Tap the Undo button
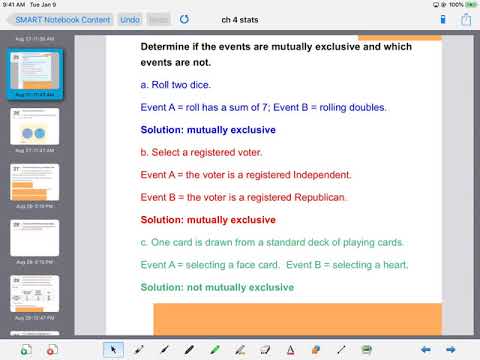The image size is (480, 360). tap(130, 19)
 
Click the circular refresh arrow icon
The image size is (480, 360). tap(184, 19)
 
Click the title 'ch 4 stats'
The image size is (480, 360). tap(240, 19)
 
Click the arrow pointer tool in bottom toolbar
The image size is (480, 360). tap(112, 349)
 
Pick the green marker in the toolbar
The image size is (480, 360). tap(215, 349)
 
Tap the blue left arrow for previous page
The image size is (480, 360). tap(425, 349)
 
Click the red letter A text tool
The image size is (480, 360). tap(291, 349)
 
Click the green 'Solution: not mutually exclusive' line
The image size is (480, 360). tap(217, 287)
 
